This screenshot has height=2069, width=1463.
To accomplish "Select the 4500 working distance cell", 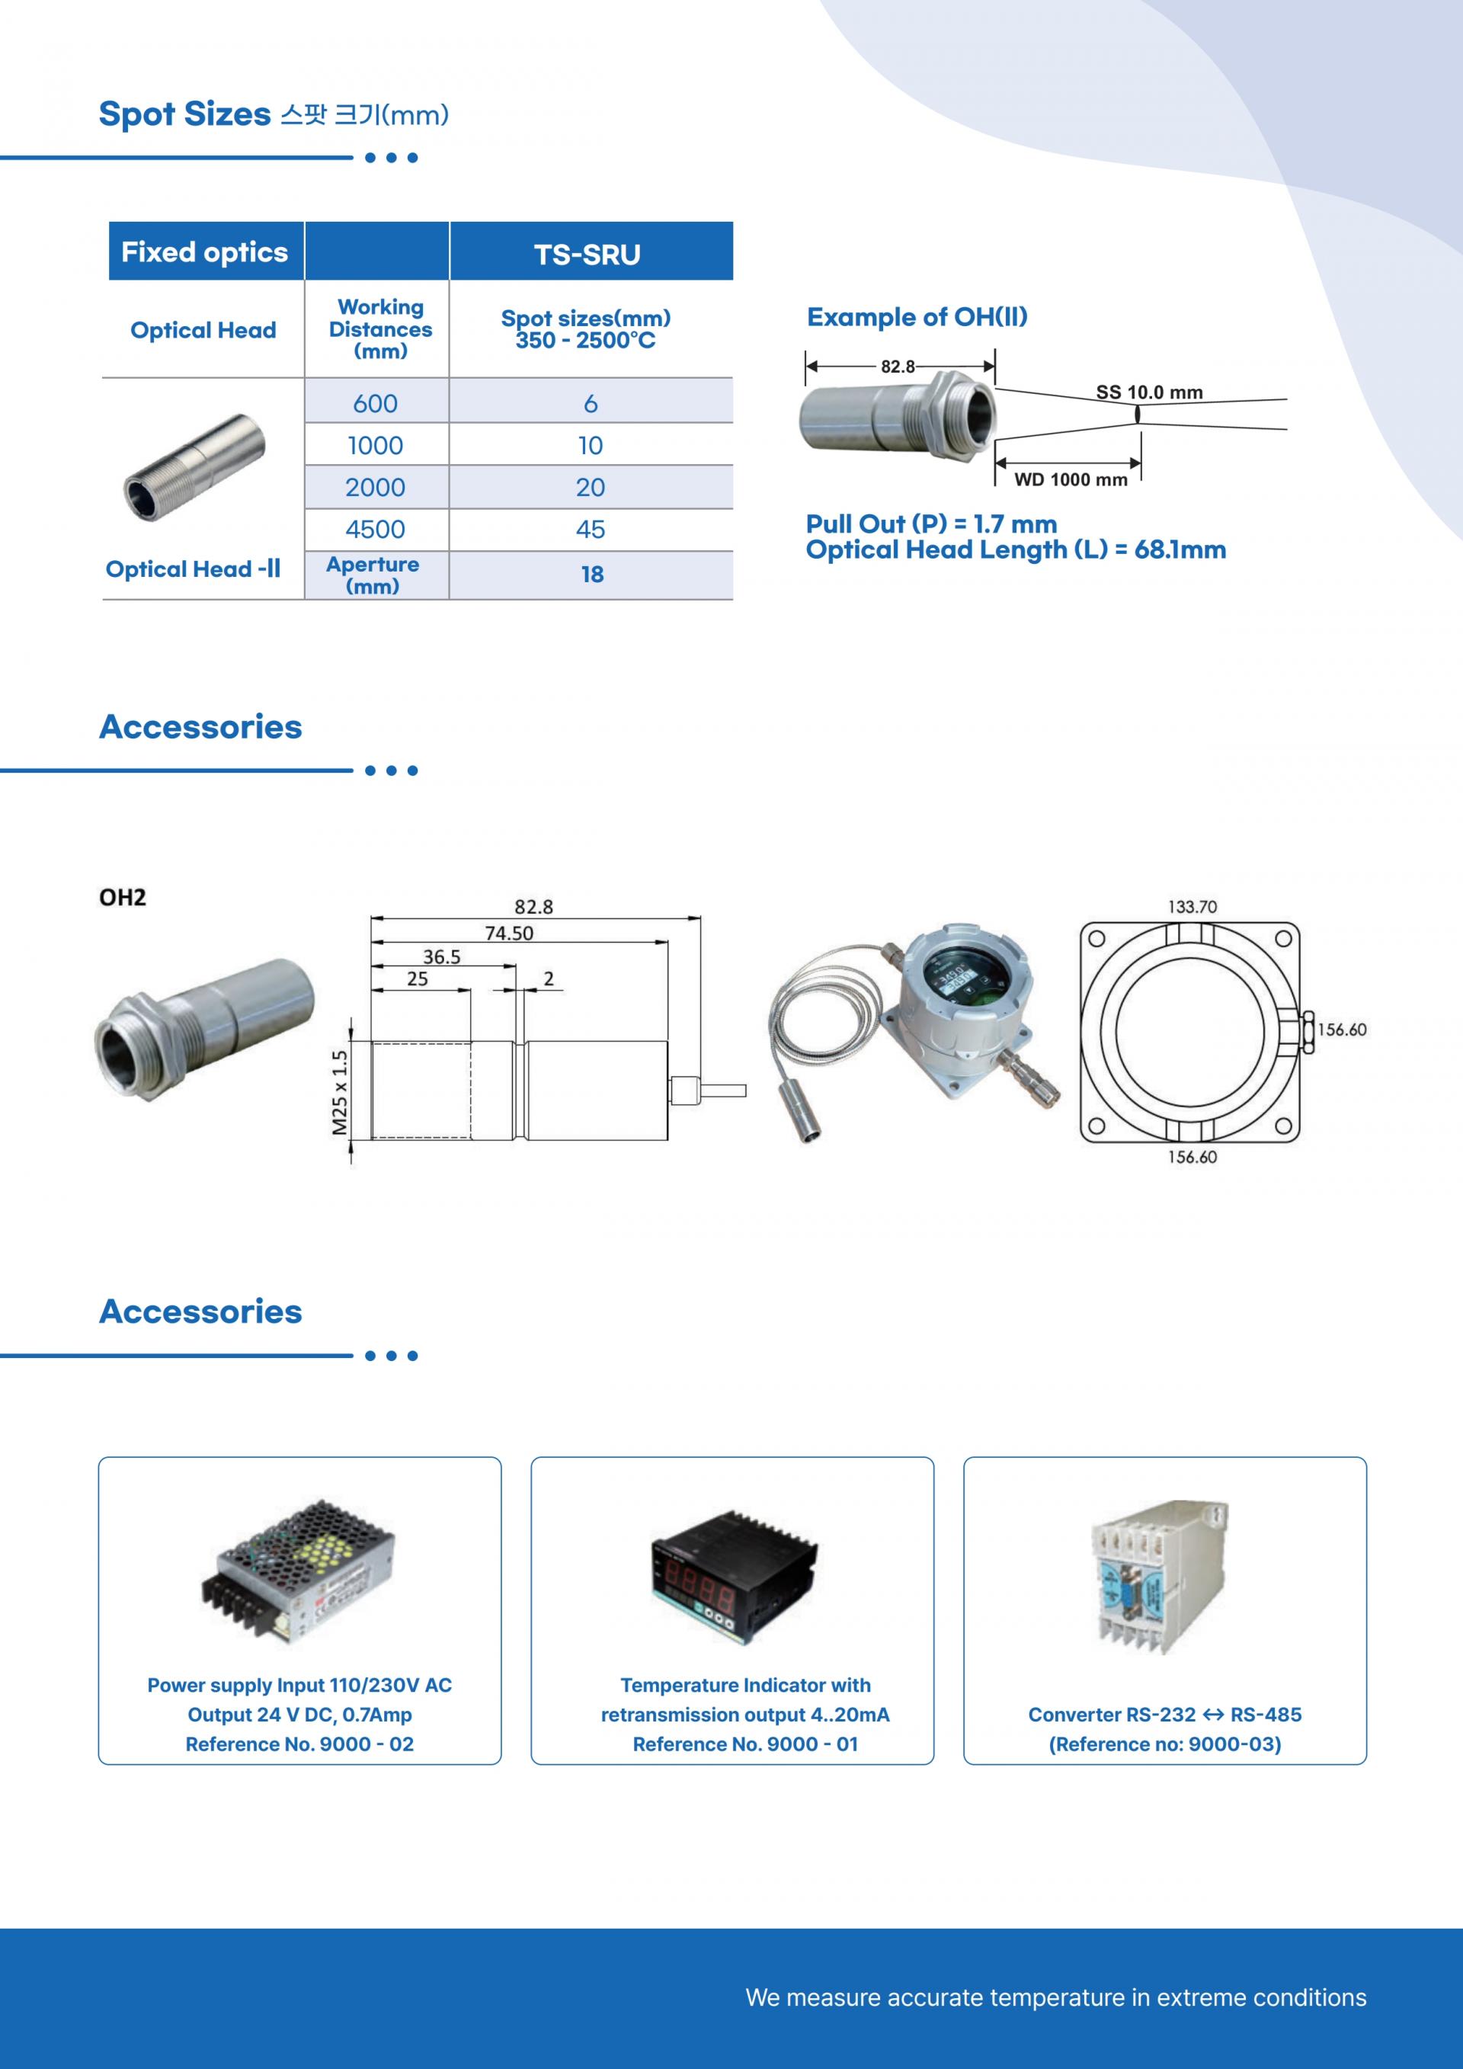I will pyautogui.click(x=375, y=529).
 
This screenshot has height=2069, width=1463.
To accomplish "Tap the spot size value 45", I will pyautogui.click(x=590, y=529).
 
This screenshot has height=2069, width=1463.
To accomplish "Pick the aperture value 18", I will pyautogui.click(x=592, y=574).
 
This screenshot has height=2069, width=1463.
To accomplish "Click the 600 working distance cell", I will pyautogui.click(x=375, y=403).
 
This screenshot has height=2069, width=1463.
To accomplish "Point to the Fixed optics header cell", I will pyautogui.click(x=204, y=251).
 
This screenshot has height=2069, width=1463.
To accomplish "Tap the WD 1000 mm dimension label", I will pyautogui.click(x=1071, y=479).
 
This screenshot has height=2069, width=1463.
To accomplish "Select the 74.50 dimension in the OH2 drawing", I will pyautogui.click(x=509, y=933).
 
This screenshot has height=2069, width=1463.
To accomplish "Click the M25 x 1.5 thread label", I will pyautogui.click(x=340, y=1092).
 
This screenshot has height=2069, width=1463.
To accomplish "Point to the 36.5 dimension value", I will pyautogui.click(x=441, y=956).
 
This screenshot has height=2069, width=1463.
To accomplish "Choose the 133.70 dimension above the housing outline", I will pyautogui.click(x=1192, y=907).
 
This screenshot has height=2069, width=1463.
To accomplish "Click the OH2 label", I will pyautogui.click(x=123, y=897).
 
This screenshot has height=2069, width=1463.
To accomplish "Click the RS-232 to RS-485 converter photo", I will pyautogui.click(x=1160, y=1576).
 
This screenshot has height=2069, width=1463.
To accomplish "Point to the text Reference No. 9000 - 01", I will pyautogui.click(x=745, y=1744).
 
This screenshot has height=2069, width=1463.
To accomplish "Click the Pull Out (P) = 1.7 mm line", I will pyautogui.click(x=931, y=524).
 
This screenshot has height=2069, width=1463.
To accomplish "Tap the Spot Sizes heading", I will pyautogui.click(x=184, y=114).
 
